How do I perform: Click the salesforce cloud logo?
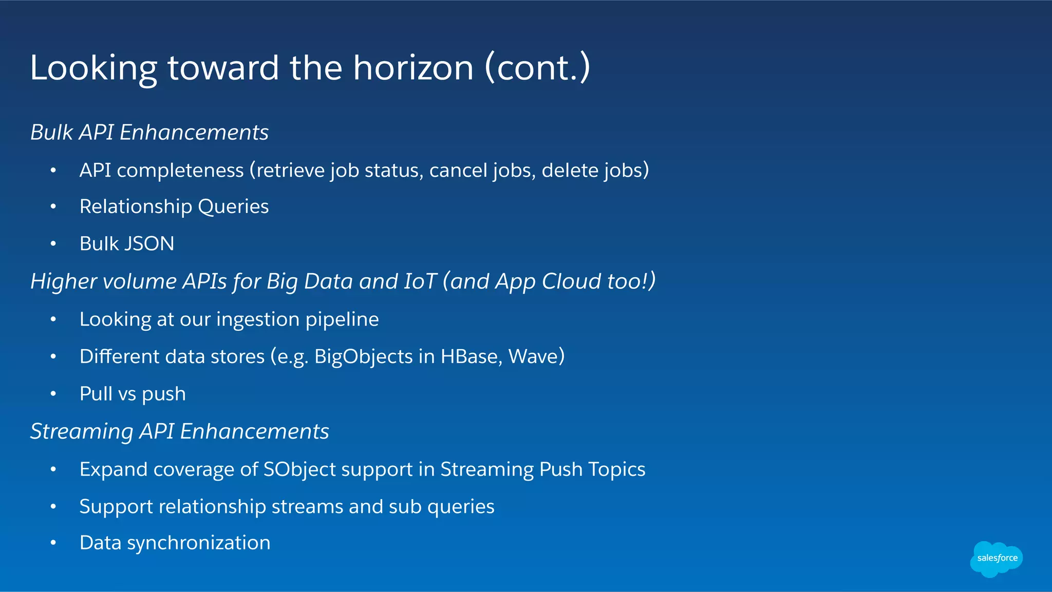click(996, 559)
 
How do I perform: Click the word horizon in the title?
click(413, 68)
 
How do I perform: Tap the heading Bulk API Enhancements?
click(149, 132)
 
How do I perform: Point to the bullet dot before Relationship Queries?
click(53, 207)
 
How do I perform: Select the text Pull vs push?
click(133, 394)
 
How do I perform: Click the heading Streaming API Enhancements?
click(179, 431)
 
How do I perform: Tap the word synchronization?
click(199, 543)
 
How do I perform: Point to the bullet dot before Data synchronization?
click(53, 543)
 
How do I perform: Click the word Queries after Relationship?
click(233, 207)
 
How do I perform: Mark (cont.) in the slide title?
click(537, 68)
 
